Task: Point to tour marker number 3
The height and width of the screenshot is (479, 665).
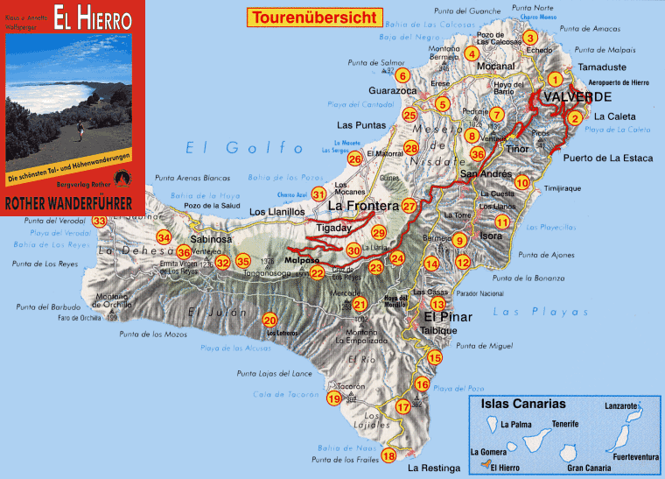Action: coord(529,37)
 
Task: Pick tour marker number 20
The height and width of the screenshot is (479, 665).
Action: coord(269,321)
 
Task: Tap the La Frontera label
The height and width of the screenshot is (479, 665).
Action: coord(362,207)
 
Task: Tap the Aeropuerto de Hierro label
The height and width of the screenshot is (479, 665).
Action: coord(613,81)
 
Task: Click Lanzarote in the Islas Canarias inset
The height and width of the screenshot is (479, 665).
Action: coord(622,405)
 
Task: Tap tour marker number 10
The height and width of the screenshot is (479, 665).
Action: coord(522,183)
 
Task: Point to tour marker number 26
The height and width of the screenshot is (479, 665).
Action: coord(354,158)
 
